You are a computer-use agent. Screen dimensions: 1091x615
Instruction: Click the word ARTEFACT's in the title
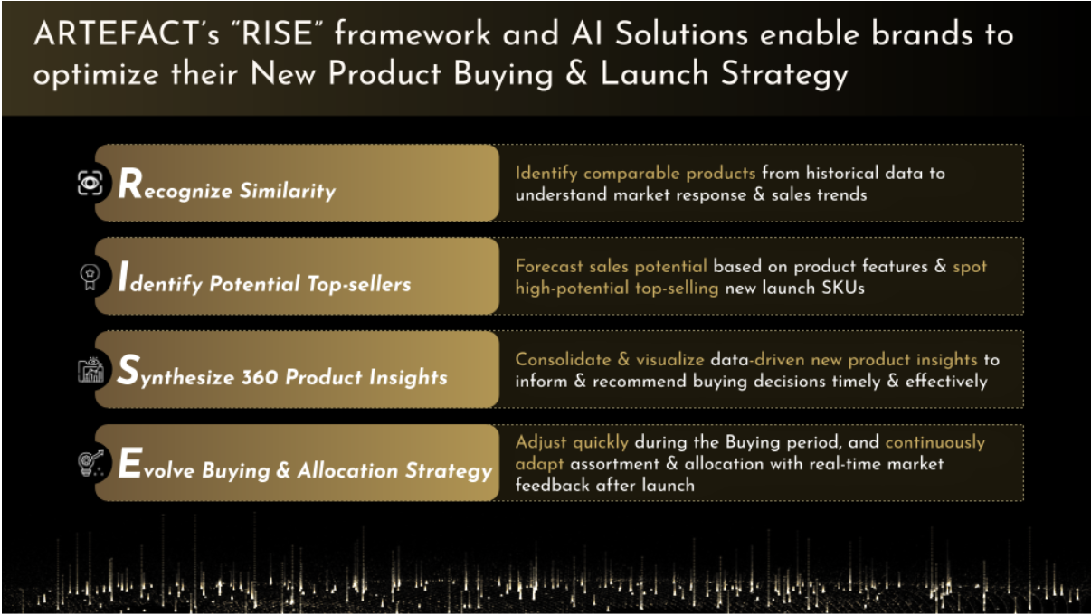(127, 33)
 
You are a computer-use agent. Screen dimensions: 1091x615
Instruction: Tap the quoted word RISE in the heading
(277, 33)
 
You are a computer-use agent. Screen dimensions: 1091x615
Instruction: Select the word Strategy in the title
(784, 75)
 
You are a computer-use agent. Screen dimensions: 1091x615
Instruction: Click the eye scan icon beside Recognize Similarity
(90, 183)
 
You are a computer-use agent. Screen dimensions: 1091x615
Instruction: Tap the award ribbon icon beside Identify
(90, 277)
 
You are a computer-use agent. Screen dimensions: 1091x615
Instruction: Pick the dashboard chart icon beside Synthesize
(90, 371)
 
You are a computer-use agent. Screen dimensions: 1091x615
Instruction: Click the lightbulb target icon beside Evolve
(91, 463)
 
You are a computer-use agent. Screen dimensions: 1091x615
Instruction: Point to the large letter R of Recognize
(130, 183)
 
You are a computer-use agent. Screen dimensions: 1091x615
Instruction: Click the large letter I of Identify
(124, 276)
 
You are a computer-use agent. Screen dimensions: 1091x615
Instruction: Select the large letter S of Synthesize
(129, 370)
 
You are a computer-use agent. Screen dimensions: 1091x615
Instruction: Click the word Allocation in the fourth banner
(348, 470)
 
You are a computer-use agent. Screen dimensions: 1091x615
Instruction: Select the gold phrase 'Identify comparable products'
(635, 174)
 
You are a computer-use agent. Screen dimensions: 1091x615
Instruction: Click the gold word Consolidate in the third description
(563, 360)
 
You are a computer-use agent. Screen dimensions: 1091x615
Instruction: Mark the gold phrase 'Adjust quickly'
(572, 442)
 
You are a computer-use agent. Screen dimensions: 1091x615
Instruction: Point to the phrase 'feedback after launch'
(605, 485)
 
